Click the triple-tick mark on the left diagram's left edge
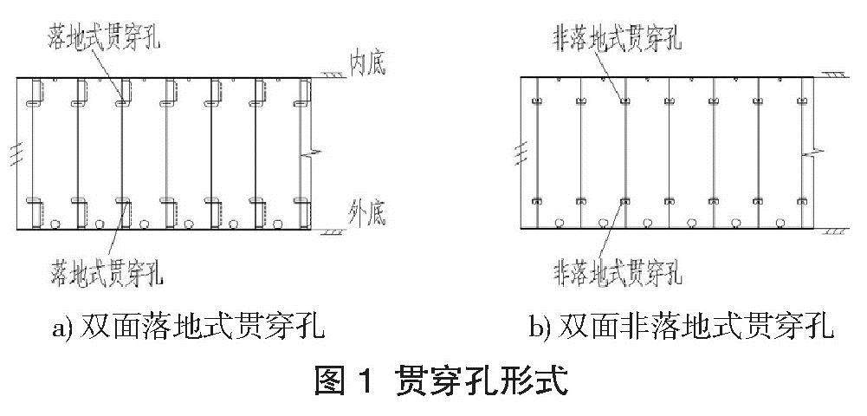10,151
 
